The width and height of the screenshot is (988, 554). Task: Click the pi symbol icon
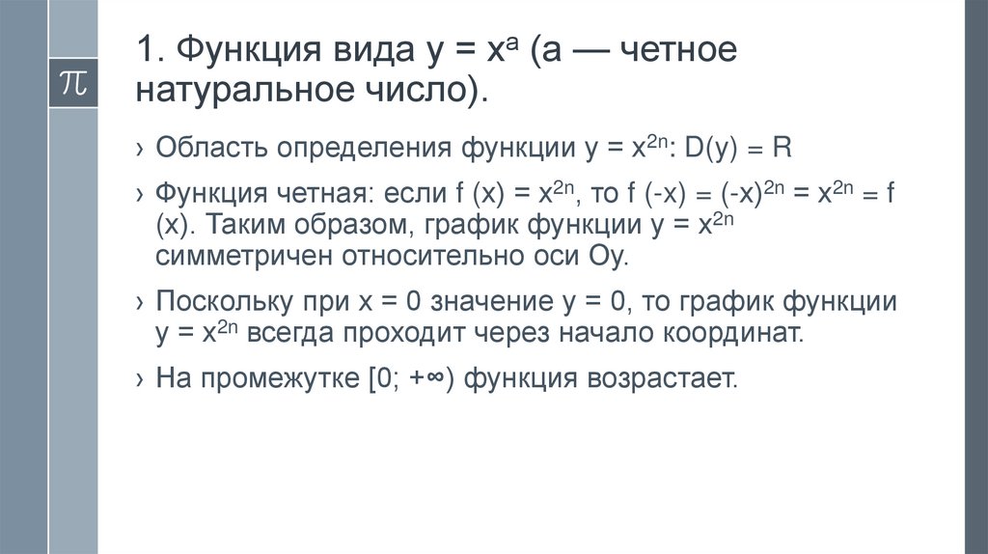click(x=73, y=83)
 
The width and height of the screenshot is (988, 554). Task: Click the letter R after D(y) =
click(x=782, y=150)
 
